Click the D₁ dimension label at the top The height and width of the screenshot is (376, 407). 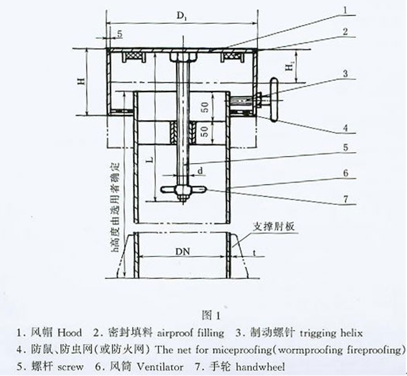(x=182, y=16)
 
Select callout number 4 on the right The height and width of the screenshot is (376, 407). (x=345, y=128)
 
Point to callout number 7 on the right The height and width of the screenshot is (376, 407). (x=346, y=199)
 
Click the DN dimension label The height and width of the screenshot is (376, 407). (x=183, y=251)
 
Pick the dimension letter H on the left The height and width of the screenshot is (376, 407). (x=81, y=81)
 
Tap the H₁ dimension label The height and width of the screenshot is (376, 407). (x=290, y=66)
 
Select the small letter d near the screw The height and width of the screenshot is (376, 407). (x=200, y=171)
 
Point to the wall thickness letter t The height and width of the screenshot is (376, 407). (x=255, y=253)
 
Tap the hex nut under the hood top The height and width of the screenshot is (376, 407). (x=183, y=57)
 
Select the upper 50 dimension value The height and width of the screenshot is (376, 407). (x=205, y=107)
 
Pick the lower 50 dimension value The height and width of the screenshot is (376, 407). (x=205, y=132)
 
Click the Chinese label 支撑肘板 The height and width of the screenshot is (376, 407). (x=274, y=227)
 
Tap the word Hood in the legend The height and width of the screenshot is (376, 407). (x=70, y=332)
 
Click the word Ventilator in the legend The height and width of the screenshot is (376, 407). (x=159, y=367)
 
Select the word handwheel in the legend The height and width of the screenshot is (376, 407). (x=260, y=367)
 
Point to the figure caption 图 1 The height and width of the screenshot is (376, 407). (x=211, y=315)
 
